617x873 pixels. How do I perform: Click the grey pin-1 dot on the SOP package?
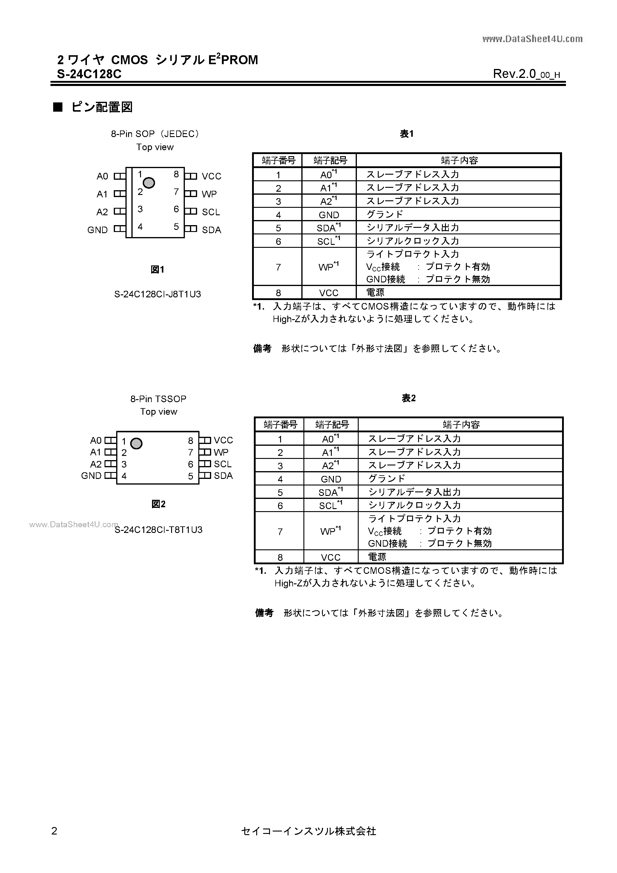(x=149, y=183)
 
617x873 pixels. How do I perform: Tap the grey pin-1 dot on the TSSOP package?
(x=136, y=443)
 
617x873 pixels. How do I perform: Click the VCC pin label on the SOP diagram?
(x=211, y=176)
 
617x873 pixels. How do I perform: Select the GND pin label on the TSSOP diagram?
(x=91, y=476)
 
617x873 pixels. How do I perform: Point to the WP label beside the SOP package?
(x=209, y=194)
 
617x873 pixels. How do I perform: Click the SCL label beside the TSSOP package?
(x=222, y=464)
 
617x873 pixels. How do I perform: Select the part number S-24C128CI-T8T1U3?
(x=159, y=530)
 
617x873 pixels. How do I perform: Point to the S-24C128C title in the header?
(x=89, y=74)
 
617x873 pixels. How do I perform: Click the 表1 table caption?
(x=407, y=134)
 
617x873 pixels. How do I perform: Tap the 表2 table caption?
(x=409, y=398)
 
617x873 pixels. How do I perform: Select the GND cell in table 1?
(x=329, y=215)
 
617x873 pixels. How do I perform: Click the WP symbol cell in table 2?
(x=331, y=531)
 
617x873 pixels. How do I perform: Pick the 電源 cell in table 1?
(x=375, y=292)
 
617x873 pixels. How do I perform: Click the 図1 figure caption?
(x=157, y=270)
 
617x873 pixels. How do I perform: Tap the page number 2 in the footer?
(x=54, y=831)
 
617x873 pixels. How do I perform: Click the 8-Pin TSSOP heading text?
(x=158, y=399)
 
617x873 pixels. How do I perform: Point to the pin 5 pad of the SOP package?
(x=191, y=229)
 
